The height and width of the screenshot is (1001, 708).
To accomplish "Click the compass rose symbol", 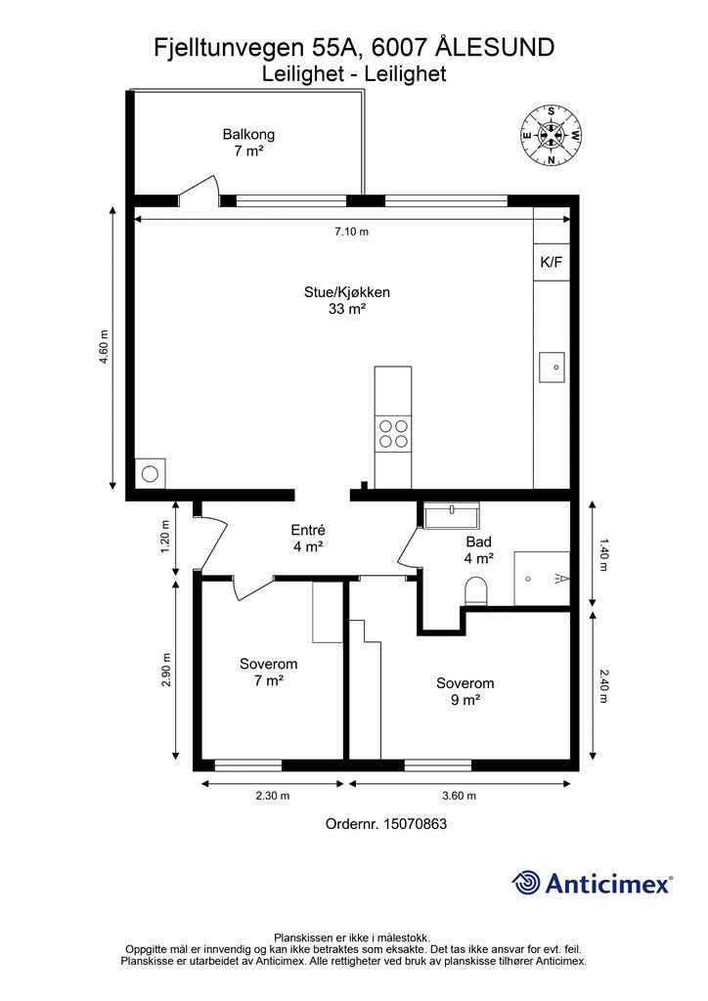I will click(552, 136).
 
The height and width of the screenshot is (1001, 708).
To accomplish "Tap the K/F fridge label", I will click(552, 262).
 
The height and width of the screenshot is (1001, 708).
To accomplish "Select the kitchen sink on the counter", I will click(553, 368).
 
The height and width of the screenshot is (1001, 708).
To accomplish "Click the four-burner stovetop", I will click(393, 433).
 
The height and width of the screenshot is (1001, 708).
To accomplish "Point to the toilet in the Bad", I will click(476, 590).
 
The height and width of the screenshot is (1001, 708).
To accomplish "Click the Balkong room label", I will click(248, 143).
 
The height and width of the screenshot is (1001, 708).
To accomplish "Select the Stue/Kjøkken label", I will click(347, 300).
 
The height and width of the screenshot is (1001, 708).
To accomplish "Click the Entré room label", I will click(308, 539).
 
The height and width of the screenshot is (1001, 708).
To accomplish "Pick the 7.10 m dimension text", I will click(351, 232).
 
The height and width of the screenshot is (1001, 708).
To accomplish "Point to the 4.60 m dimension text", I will click(104, 348).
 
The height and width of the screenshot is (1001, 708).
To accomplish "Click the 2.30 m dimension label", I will click(272, 796).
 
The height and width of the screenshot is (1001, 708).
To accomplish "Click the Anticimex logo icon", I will click(527, 883).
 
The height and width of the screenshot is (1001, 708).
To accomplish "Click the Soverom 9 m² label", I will click(465, 692).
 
